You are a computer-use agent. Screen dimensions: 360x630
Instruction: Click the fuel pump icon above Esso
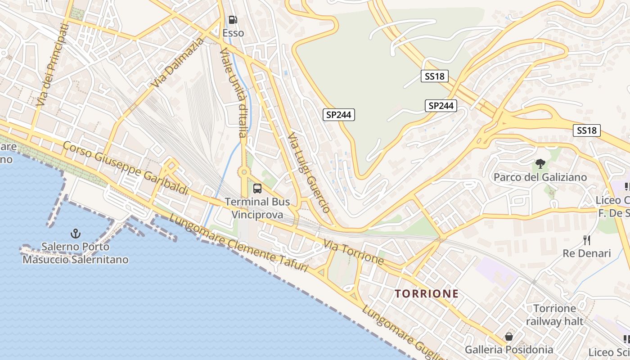pyautogui.click(x=233, y=20)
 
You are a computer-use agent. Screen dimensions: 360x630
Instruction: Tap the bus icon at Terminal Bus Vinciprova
pyautogui.click(x=257, y=189)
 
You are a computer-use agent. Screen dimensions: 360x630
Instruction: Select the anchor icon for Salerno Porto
pyautogui.click(x=76, y=233)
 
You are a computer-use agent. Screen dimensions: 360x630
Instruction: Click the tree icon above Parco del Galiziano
pyautogui.click(x=540, y=164)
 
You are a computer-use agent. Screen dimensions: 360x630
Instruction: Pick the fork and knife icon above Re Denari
pyautogui.click(x=586, y=240)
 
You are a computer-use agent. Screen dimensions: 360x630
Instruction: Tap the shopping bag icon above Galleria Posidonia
pyautogui.click(x=508, y=337)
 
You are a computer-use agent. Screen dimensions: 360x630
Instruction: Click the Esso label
pyautogui.click(x=233, y=33)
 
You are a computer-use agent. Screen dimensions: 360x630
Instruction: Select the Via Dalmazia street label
pyautogui.click(x=177, y=63)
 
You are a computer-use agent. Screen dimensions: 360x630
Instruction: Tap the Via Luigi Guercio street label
pyautogui.click(x=309, y=172)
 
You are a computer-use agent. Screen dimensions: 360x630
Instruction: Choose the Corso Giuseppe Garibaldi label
pyautogui.click(x=126, y=168)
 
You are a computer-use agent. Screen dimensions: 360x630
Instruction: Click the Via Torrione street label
pyautogui.click(x=354, y=252)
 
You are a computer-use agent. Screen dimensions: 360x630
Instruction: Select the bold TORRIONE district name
pyautogui.click(x=427, y=294)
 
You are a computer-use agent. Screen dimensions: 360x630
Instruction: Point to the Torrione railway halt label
pyautogui.click(x=554, y=315)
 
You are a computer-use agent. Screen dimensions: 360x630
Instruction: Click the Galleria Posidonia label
pyautogui.click(x=509, y=350)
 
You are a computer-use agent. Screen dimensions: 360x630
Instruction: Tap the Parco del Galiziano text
pyautogui.click(x=540, y=177)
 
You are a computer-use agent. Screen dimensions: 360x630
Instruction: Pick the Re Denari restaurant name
pyautogui.click(x=586, y=253)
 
